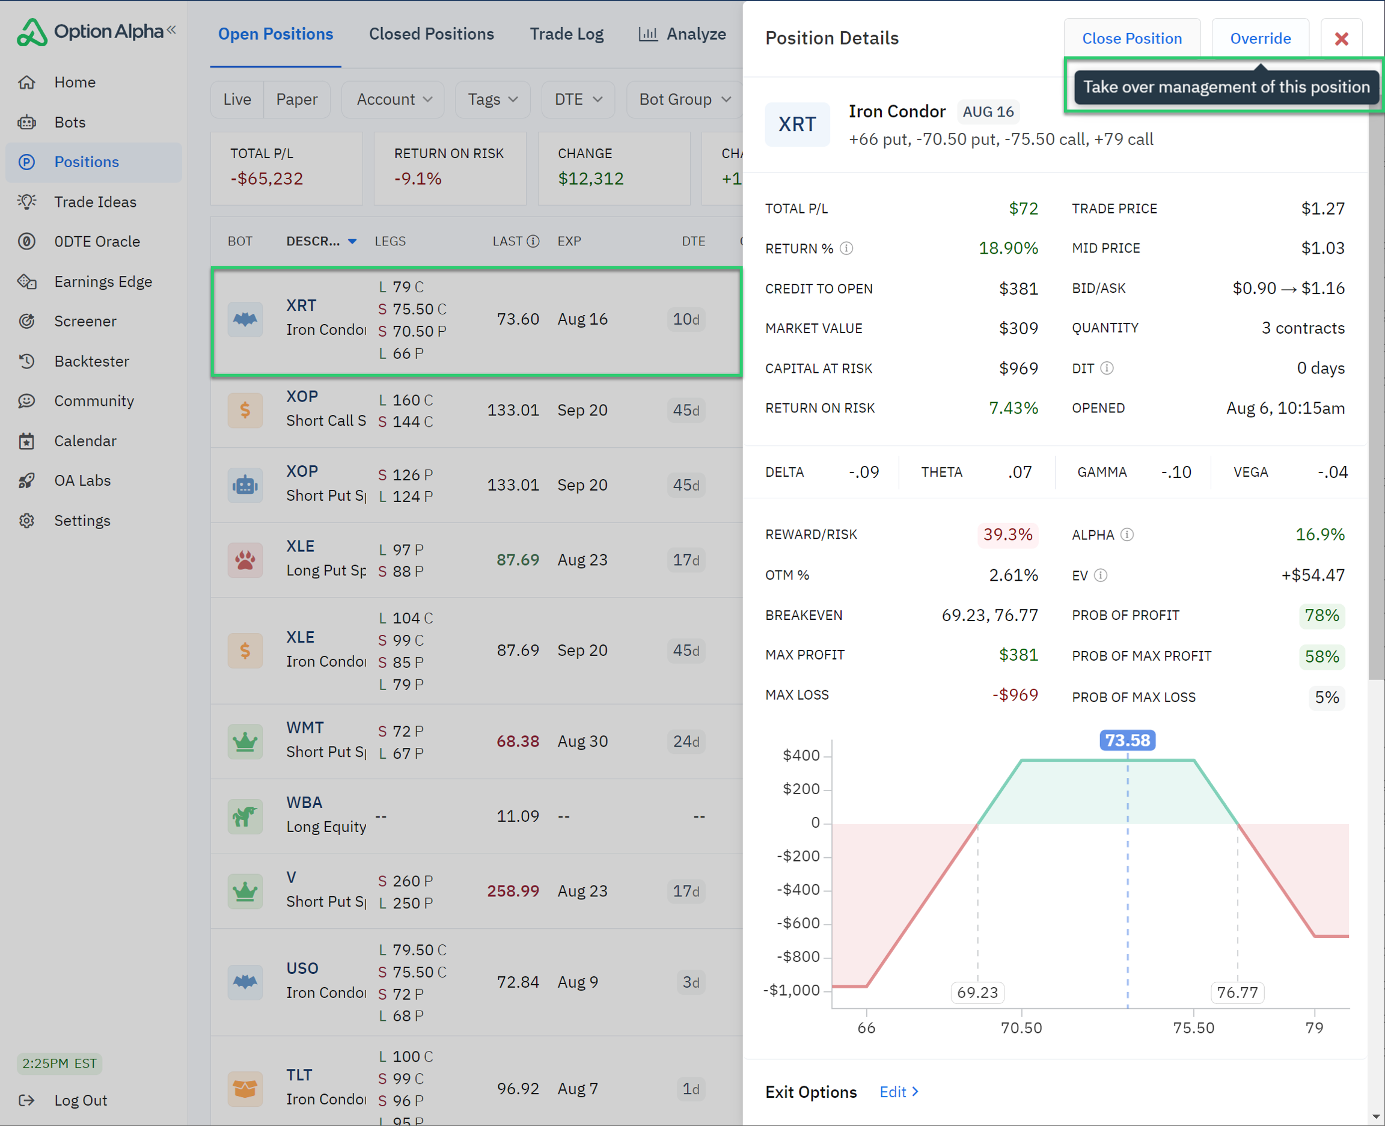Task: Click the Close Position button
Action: coord(1131,38)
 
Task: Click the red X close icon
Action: coord(1341,38)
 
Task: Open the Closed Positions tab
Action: coord(431,34)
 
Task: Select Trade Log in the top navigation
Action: coord(566,34)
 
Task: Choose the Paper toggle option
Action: coord(296,99)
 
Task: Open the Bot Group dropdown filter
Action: coord(684,99)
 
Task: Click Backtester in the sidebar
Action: coord(91,361)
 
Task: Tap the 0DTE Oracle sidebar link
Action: coord(97,241)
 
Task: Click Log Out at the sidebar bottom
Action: coord(81,1100)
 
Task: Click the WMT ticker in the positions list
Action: coord(305,728)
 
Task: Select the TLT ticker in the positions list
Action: coord(299,1075)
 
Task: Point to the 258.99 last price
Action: coord(513,890)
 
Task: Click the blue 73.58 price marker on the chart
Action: coord(1127,740)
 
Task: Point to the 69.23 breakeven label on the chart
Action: coord(977,993)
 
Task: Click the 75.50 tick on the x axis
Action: coord(1193,1027)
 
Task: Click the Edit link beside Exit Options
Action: coord(898,1092)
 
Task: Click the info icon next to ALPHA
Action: coord(1127,534)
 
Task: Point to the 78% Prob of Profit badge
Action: coord(1321,615)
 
